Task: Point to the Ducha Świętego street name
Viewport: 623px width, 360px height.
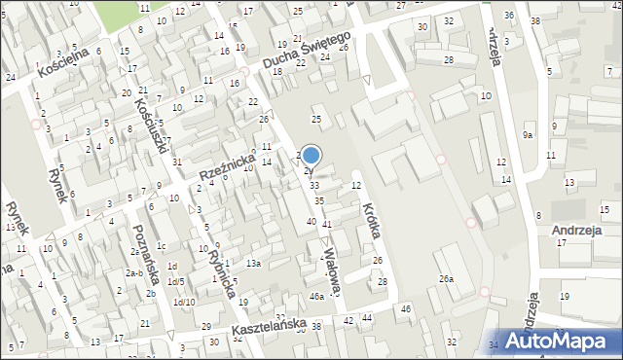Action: (x=310, y=50)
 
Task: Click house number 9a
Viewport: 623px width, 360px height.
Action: (x=528, y=135)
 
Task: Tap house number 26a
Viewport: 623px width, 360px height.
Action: (x=446, y=279)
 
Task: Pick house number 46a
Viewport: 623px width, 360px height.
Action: (x=316, y=296)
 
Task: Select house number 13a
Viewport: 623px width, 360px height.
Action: (x=253, y=264)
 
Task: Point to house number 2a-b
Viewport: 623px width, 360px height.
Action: (x=133, y=273)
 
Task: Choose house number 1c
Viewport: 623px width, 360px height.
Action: (x=162, y=245)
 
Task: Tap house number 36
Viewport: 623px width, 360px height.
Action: (x=510, y=16)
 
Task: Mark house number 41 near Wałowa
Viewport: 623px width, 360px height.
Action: (x=327, y=225)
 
